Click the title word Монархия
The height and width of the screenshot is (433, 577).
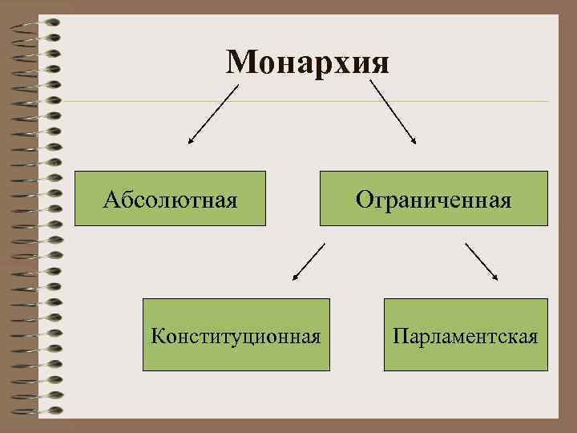[x=308, y=62]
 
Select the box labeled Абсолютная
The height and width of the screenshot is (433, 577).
[x=170, y=198]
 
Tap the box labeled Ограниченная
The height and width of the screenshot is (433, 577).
[x=434, y=198]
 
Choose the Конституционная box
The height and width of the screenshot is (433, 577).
[x=236, y=334]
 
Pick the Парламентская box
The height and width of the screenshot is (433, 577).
[x=466, y=334]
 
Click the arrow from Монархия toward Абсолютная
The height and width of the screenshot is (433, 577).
[x=213, y=115]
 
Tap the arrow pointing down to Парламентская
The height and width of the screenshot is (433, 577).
[x=481, y=261]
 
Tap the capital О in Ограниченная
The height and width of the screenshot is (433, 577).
[x=364, y=198]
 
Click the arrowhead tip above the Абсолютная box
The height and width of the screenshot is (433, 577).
[x=188, y=144]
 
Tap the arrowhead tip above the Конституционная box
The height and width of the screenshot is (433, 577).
[x=293, y=281]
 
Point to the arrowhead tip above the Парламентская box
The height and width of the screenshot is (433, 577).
[x=498, y=280]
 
